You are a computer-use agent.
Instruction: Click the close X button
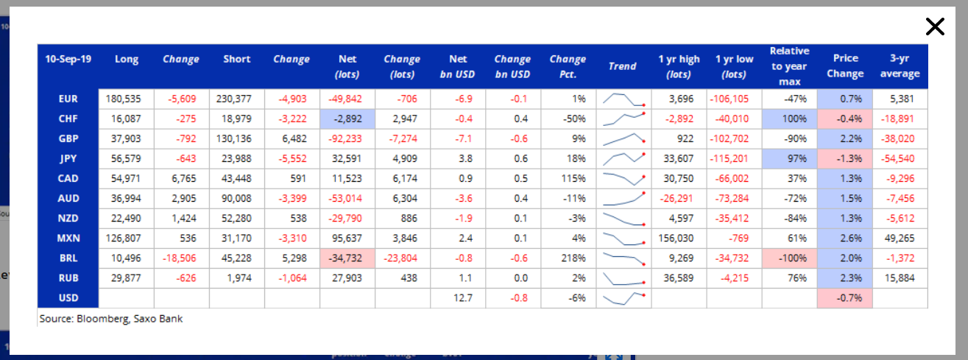coord(935,27)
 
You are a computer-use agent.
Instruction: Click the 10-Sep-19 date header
coord(68,59)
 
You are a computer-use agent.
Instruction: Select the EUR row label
coord(68,99)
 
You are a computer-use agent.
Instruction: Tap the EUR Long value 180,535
coord(123,99)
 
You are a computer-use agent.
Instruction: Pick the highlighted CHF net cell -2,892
coord(347,119)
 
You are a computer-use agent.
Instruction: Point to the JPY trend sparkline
coord(623,159)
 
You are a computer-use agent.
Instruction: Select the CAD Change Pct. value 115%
coord(573,178)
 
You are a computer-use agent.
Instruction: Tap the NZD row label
coord(68,218)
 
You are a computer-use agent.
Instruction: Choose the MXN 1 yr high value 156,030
coord(676,238)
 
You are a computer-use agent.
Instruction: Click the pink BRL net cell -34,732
coord(347,258)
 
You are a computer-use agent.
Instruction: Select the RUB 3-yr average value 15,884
coord(900,278)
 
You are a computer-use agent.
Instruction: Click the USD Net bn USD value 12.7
coord(463,297)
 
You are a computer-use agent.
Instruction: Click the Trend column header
coord(622,66)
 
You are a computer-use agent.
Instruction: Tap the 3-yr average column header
coord(900,66)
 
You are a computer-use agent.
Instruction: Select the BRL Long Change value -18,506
coord(180,258)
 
